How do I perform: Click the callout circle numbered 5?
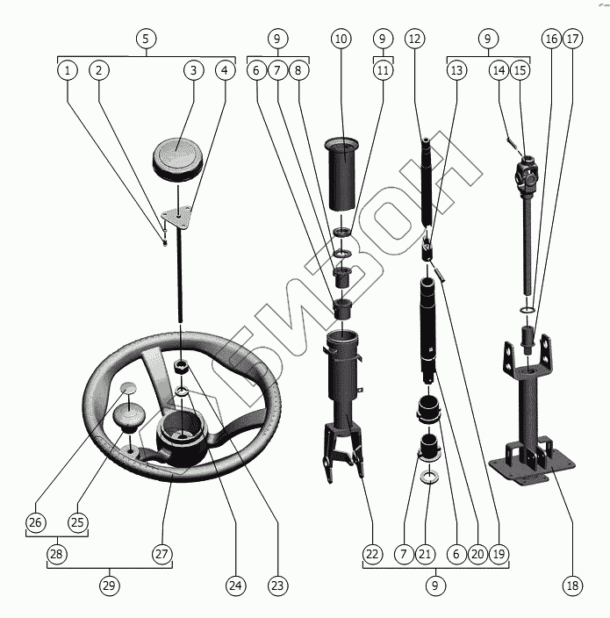click(x=146, y=39)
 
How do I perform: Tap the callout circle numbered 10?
click(x=341, y=39)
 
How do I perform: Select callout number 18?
click(x=572, y=585)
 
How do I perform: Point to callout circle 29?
click(x=110, y=585)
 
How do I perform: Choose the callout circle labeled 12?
click(x=414, y=39)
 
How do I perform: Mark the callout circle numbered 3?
click(x=192, y=69)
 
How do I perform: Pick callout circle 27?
click(x=162, y=554)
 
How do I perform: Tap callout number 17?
click(x=572, y=39)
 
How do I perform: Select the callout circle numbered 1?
click(x=67, y=69)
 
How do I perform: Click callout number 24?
click(x=234, y=585)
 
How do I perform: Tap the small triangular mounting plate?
click(x=178, y=214)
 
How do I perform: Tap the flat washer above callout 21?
click(x=429, y=477)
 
